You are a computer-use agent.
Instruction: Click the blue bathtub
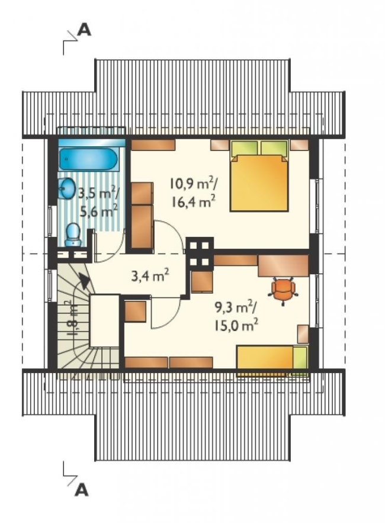click(88, 159)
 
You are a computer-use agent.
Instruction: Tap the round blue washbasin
click(68, 188)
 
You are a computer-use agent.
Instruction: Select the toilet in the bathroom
click(73, 235)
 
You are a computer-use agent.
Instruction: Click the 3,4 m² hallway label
click(150, 276)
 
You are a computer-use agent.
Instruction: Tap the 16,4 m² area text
click(193, 202)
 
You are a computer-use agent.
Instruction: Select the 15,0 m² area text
click(236, 325)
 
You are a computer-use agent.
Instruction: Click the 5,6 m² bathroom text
click(99, 211)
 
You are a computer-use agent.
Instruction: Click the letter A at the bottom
click(82, 490)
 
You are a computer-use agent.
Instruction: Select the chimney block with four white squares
click(200, 254)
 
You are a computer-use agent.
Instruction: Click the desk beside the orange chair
click(283, 266)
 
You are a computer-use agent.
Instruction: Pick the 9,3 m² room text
click(236, 308)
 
